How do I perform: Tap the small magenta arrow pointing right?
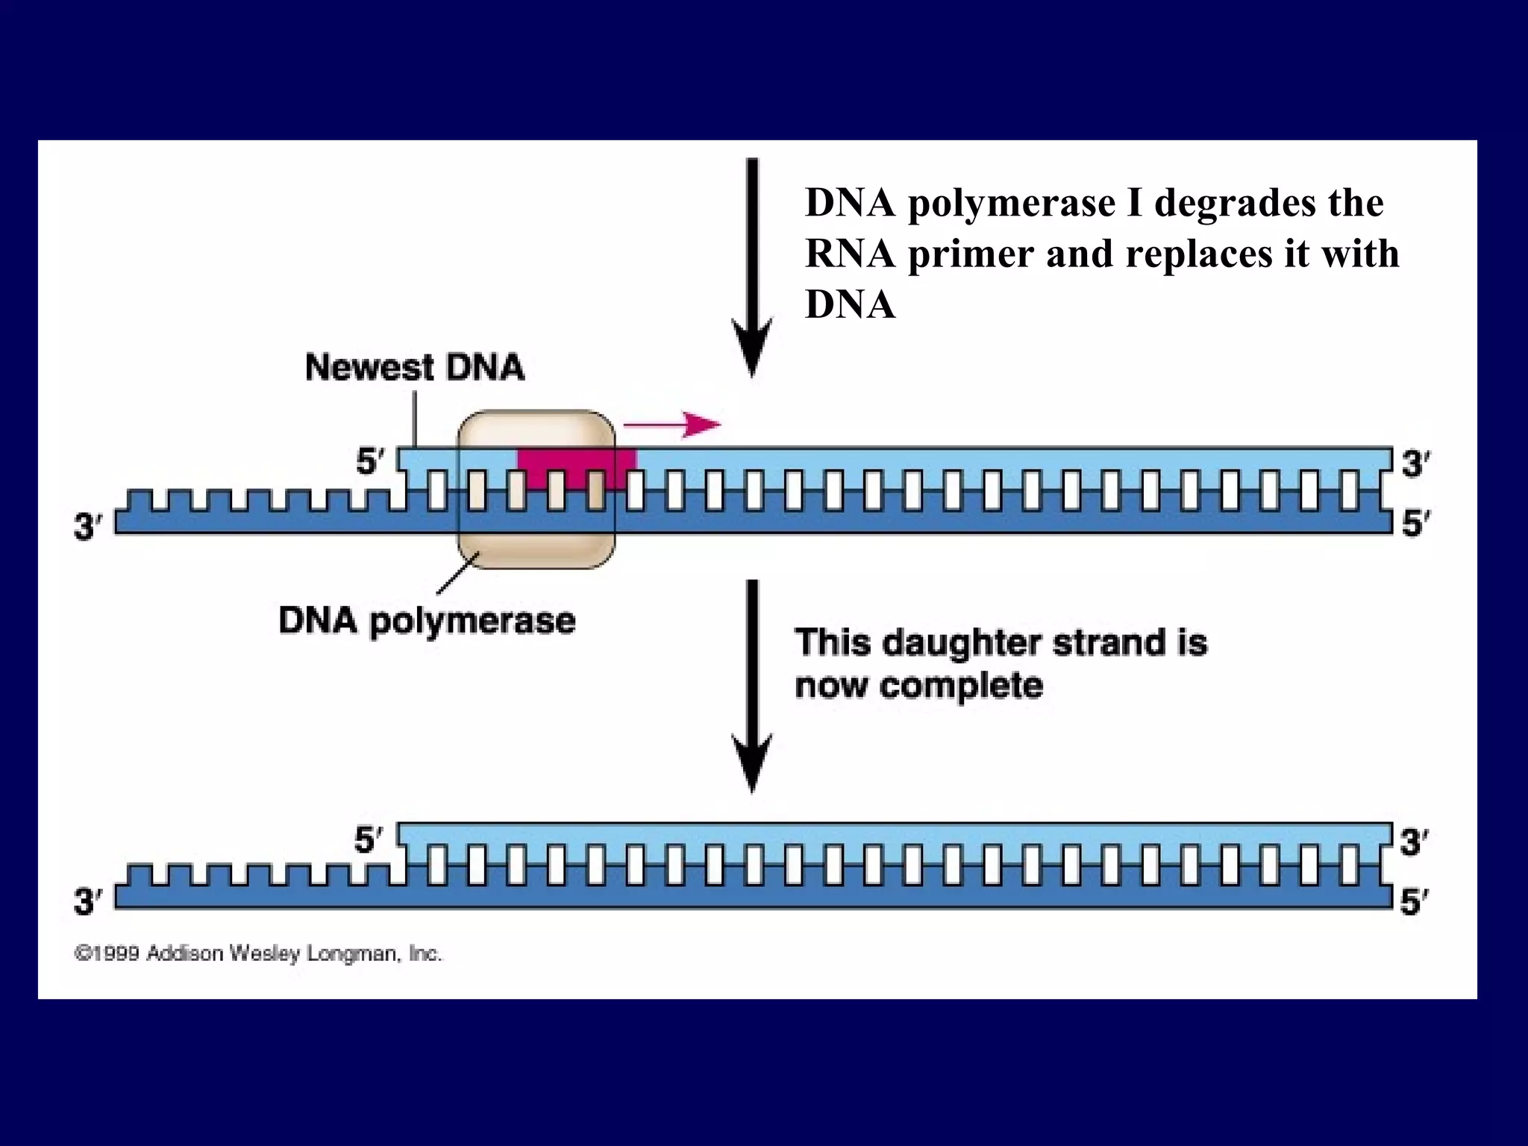coord(671,425)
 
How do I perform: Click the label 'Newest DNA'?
coord(415,368)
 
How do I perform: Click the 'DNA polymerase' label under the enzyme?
coord(427,621)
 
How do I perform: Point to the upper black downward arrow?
coord(752,269)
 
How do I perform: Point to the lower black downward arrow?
coord(752,686)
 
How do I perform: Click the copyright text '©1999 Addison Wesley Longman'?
coord(258,954)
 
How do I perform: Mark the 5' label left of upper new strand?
coord(369,463)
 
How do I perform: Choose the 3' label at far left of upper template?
coord(87,527)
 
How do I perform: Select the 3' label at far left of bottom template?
coord(87,902)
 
